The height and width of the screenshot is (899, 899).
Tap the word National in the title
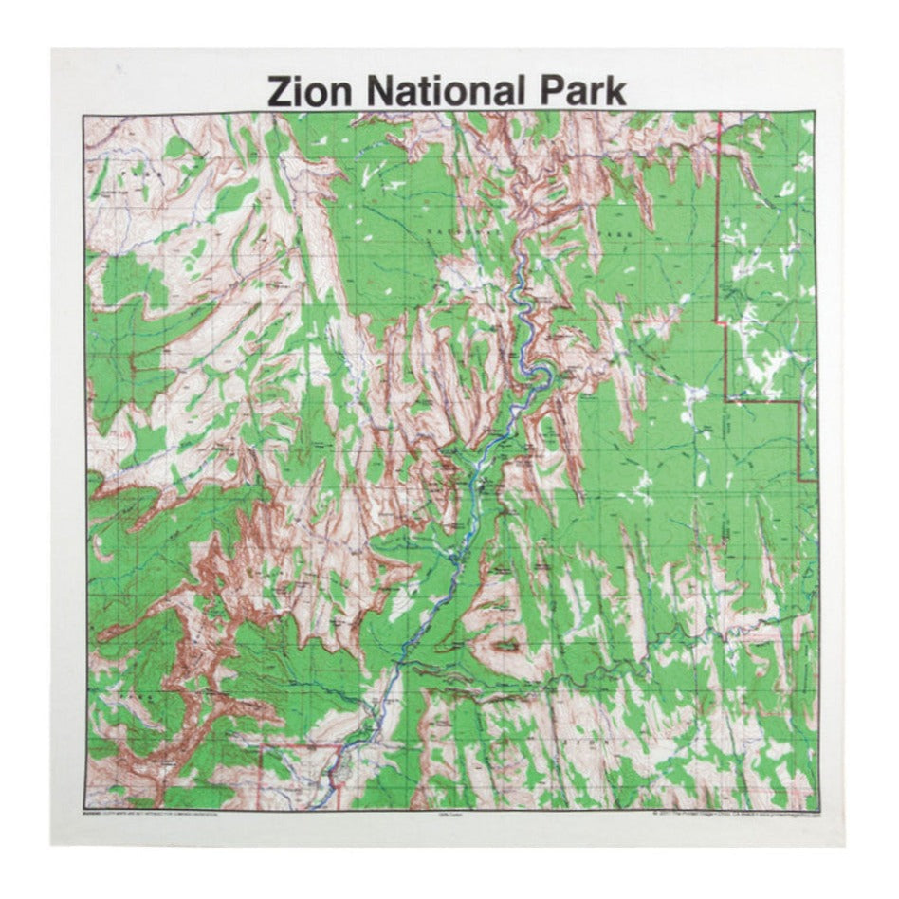[x=443, y=92]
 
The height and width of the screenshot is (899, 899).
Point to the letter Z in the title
[x=280, y=92]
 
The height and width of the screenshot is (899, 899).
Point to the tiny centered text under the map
[x=449, y=815]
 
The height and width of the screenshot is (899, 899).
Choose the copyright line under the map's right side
[x=735, y=815]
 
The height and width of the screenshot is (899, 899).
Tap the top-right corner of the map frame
[x=816, y=114]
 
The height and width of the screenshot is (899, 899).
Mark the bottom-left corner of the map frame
[x=83, y=809]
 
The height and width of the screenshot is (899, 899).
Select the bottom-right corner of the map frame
[x=816, y=809]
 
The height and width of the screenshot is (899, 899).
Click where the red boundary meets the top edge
[x=722, y=115]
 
